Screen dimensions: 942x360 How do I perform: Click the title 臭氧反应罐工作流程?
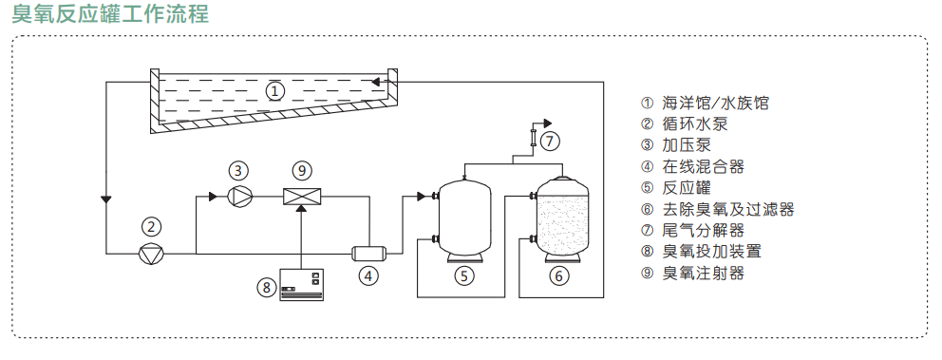(110, 13)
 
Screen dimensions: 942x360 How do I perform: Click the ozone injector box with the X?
(302, 196)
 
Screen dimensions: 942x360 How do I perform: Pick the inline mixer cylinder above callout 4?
(368, 254)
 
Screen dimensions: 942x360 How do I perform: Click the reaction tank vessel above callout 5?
(463, 219)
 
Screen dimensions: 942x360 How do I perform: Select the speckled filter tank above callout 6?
(560, 219)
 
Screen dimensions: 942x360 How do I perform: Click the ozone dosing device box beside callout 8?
(302, 284)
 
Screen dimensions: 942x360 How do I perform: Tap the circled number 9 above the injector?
(302, 171)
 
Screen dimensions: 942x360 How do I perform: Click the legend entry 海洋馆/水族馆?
(714, 103)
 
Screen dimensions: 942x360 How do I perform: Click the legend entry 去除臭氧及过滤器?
(728, 209)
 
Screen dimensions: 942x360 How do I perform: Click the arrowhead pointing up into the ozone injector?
(302, 209)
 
